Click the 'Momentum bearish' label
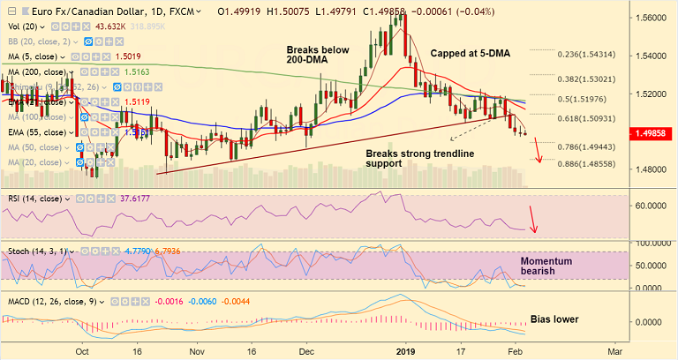click(546, 267)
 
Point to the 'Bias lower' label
click(554, 318)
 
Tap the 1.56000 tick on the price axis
click(651, 18)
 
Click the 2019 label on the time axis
click(404, 350)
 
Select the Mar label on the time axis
click(611, 350)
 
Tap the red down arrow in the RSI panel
click(532, 219)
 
